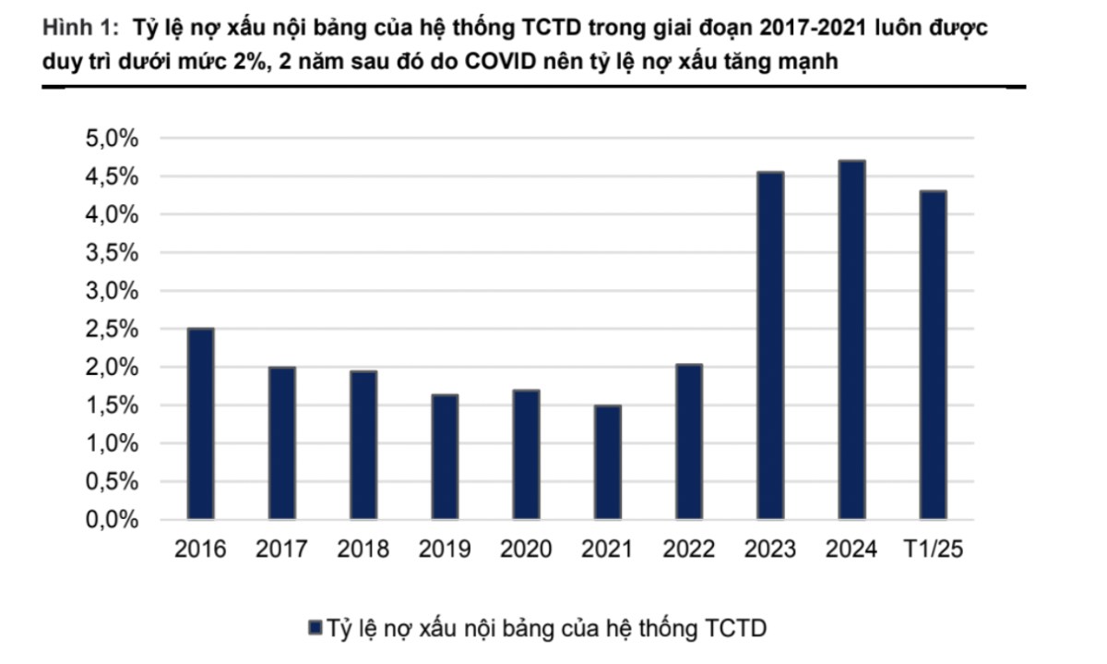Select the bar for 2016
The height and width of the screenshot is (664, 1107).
pyautogui.click(x=200, y=424)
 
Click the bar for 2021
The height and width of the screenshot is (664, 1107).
pyautogui.click(x=607, y=463)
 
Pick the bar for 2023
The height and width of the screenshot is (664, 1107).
pyautogui.click(x=770, y=345)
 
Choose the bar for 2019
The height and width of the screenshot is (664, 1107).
pyautogui.click(x=445, y=457)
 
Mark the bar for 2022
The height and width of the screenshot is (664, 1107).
pyautogui.click(x=689, y=441)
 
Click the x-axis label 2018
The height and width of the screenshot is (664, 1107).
pyautogui.click(x=363, y=549)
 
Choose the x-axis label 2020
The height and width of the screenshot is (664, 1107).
pyautogui.click(x=526, y=549)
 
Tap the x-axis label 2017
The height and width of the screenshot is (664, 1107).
pyautogui.click(x=281, y=549)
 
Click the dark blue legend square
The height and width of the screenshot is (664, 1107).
pyautogui.click(x=314, y=629)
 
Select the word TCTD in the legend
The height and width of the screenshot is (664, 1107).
pyautogui.click(x=735, y=629)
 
